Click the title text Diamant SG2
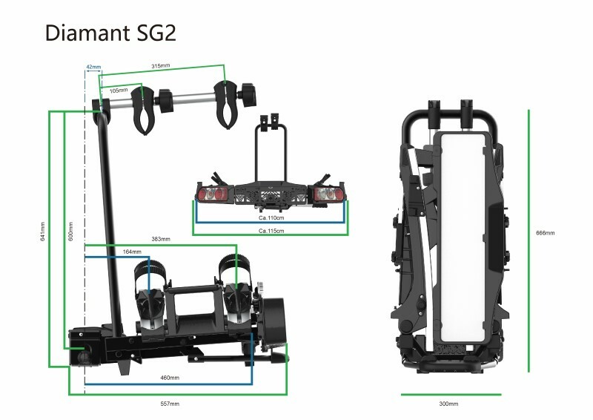pyautogui.click(x=110, y=34)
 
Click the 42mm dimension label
pyautogui.click(x=93, y=67)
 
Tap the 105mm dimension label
pyautogui.click(x=119, y=90)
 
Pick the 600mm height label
pyautogui.click(x=71, y=230)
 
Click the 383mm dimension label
pyautogui.click(x=161, y=239)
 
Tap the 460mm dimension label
pyautogui.click(x=170, y=378)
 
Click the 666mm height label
pyautogui.click(x=545, y=233)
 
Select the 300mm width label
pyautogui.click(x=448, y=404)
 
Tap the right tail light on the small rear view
pyautogui.click(x=327, y=194)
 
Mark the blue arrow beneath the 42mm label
pyautogui.click(x=93, y=73)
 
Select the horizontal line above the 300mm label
pyautogui.click(x=451, y=394)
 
